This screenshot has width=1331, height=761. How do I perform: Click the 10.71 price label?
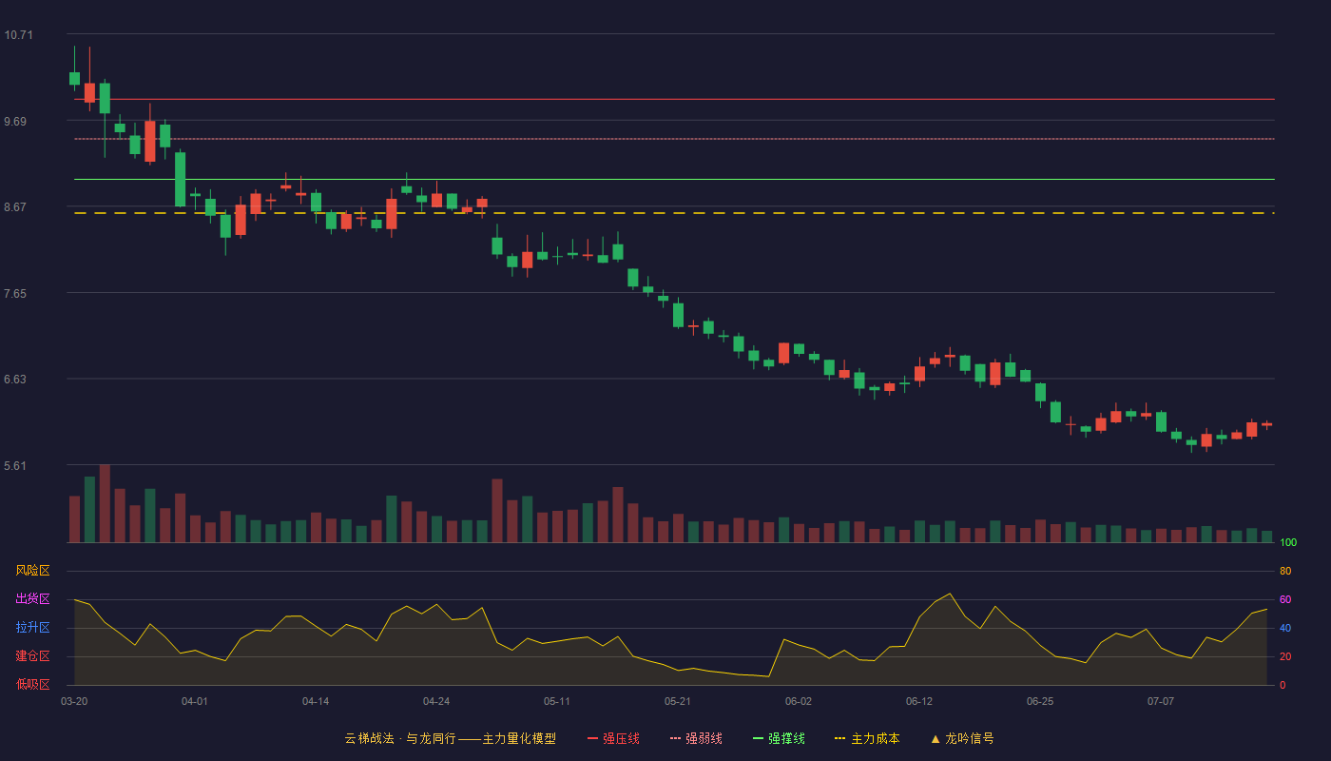18,35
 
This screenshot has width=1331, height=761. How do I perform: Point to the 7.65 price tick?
15,294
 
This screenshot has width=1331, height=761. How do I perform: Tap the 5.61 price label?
15,465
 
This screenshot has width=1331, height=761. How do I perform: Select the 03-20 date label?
74,702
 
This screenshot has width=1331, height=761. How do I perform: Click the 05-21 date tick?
677,702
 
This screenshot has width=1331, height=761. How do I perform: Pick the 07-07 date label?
1161,702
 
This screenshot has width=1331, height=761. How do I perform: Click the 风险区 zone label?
32,571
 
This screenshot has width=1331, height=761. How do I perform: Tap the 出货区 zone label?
32,598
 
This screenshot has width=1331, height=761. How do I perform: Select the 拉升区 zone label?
32,627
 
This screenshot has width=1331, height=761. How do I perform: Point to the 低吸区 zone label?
32,684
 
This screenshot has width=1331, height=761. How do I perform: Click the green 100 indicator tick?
1288,542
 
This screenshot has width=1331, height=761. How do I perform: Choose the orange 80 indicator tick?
1285,571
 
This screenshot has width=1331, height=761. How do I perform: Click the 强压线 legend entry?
613,738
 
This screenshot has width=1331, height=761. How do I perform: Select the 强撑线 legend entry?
779,738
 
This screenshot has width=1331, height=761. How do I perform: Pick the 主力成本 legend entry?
867,738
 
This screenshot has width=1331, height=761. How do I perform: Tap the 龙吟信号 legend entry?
962,738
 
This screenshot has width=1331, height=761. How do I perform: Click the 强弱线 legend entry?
696,738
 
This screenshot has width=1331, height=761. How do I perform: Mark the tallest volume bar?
105,503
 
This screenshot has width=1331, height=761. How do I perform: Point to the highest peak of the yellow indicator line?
950,594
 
